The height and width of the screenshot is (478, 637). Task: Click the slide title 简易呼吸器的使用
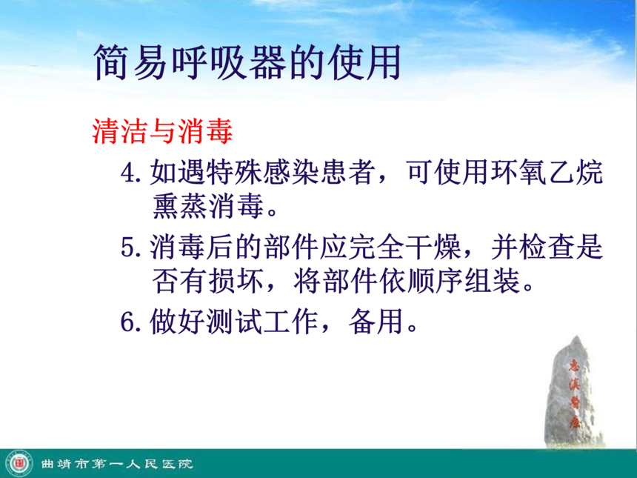coord(247,62)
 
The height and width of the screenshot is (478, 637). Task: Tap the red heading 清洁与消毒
coord(162,131)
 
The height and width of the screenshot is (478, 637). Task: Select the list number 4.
coord(130,173)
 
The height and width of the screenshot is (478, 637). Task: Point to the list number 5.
coord(130,248)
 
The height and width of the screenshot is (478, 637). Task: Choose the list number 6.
coord(130,322)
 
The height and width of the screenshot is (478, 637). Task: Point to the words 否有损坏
coord(208,281)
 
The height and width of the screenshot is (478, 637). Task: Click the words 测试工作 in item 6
coord(262,321)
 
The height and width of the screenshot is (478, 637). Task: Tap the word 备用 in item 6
coord(376,321)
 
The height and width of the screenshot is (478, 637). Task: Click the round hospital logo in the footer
coord(19,463)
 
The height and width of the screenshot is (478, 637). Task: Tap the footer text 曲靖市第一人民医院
coord(116,464)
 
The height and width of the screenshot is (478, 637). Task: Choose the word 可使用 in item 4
coord(448,173)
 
